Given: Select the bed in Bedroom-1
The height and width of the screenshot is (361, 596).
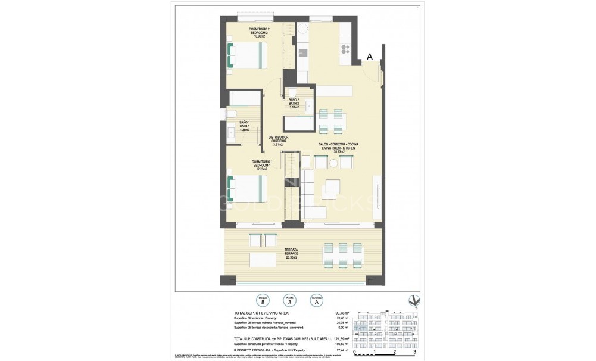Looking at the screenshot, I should (x=246, y=189).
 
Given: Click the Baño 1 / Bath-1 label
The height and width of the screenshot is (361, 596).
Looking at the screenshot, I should (x=244, y=126).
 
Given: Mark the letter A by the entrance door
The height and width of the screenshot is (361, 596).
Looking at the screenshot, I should (x=370, y=57).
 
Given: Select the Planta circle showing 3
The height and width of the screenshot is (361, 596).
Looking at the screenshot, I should (x=289, y=301).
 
